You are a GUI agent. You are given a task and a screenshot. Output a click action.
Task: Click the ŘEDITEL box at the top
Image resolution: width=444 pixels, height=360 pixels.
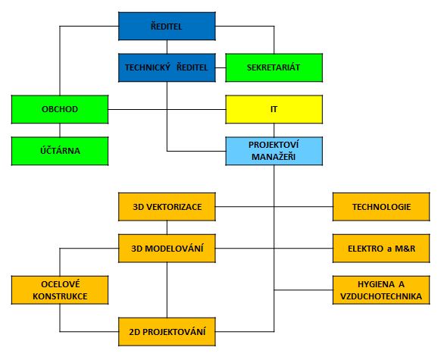[167, 26]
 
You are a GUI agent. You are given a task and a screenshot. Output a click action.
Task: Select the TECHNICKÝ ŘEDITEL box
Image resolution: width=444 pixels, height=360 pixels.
[167, 67]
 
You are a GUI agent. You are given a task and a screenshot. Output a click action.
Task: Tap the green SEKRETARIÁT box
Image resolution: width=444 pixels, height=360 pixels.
[274, 67]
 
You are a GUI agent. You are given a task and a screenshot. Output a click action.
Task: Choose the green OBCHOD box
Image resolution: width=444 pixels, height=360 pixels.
[60, 109]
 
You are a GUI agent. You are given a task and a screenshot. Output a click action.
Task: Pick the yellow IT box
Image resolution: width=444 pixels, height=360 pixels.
[274, 109]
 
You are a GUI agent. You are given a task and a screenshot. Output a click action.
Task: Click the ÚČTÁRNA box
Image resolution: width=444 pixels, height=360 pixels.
[60, 151]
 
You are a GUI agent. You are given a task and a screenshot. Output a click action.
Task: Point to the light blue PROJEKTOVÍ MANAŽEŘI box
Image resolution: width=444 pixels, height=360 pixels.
[274, 151]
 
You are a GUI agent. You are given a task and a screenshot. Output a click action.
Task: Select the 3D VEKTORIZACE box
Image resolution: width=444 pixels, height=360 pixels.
[167, 207]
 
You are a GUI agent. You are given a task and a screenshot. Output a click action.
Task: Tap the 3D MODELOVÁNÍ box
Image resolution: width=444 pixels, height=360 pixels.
[167, 249]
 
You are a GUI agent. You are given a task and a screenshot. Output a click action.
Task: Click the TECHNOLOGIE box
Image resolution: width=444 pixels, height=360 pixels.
[381, 207]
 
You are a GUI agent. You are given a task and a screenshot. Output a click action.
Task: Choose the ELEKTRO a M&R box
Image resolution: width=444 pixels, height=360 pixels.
[381, 249]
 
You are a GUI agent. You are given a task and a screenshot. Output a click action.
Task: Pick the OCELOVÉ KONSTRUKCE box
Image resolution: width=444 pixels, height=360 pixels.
[60, 290]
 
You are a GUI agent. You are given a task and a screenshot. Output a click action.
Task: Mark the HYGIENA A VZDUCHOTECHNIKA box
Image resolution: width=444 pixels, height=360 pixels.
[381, 290]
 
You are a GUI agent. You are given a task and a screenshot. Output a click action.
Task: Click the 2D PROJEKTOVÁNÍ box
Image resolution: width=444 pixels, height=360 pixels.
[167, 332]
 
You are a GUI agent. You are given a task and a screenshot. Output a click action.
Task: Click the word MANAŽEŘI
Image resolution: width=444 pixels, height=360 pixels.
[274, 157]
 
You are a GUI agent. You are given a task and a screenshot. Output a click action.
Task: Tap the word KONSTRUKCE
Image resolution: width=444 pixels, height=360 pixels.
[60, 296]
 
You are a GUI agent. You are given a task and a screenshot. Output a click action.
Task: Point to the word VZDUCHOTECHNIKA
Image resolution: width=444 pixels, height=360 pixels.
[381, 296]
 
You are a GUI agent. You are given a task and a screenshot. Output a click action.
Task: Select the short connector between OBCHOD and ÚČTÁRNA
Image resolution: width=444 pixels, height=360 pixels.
[60, 130]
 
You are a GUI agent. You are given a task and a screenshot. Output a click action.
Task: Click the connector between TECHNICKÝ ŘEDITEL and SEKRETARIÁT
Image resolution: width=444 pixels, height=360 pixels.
[220, 67]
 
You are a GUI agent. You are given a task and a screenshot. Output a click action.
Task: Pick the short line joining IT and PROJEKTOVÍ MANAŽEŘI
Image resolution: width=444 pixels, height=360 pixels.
[274, 130]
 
